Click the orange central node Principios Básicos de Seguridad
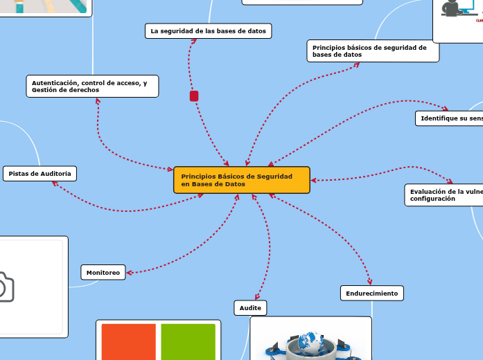[241, 180]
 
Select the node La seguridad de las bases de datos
[208, 31]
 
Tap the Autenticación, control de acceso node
[91, 87]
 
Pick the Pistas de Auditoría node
[39, 173]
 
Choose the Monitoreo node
[103, 273]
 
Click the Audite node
[250, 307]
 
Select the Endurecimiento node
[372, 294]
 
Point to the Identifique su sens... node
[450, 118]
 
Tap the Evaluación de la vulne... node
[444, 195]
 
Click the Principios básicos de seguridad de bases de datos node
[373, 51]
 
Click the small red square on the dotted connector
[194, 96]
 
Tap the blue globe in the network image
[310, 342]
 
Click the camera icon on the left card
[6, 287]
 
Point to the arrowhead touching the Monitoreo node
[129, 273]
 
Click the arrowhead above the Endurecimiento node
[369, 281]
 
